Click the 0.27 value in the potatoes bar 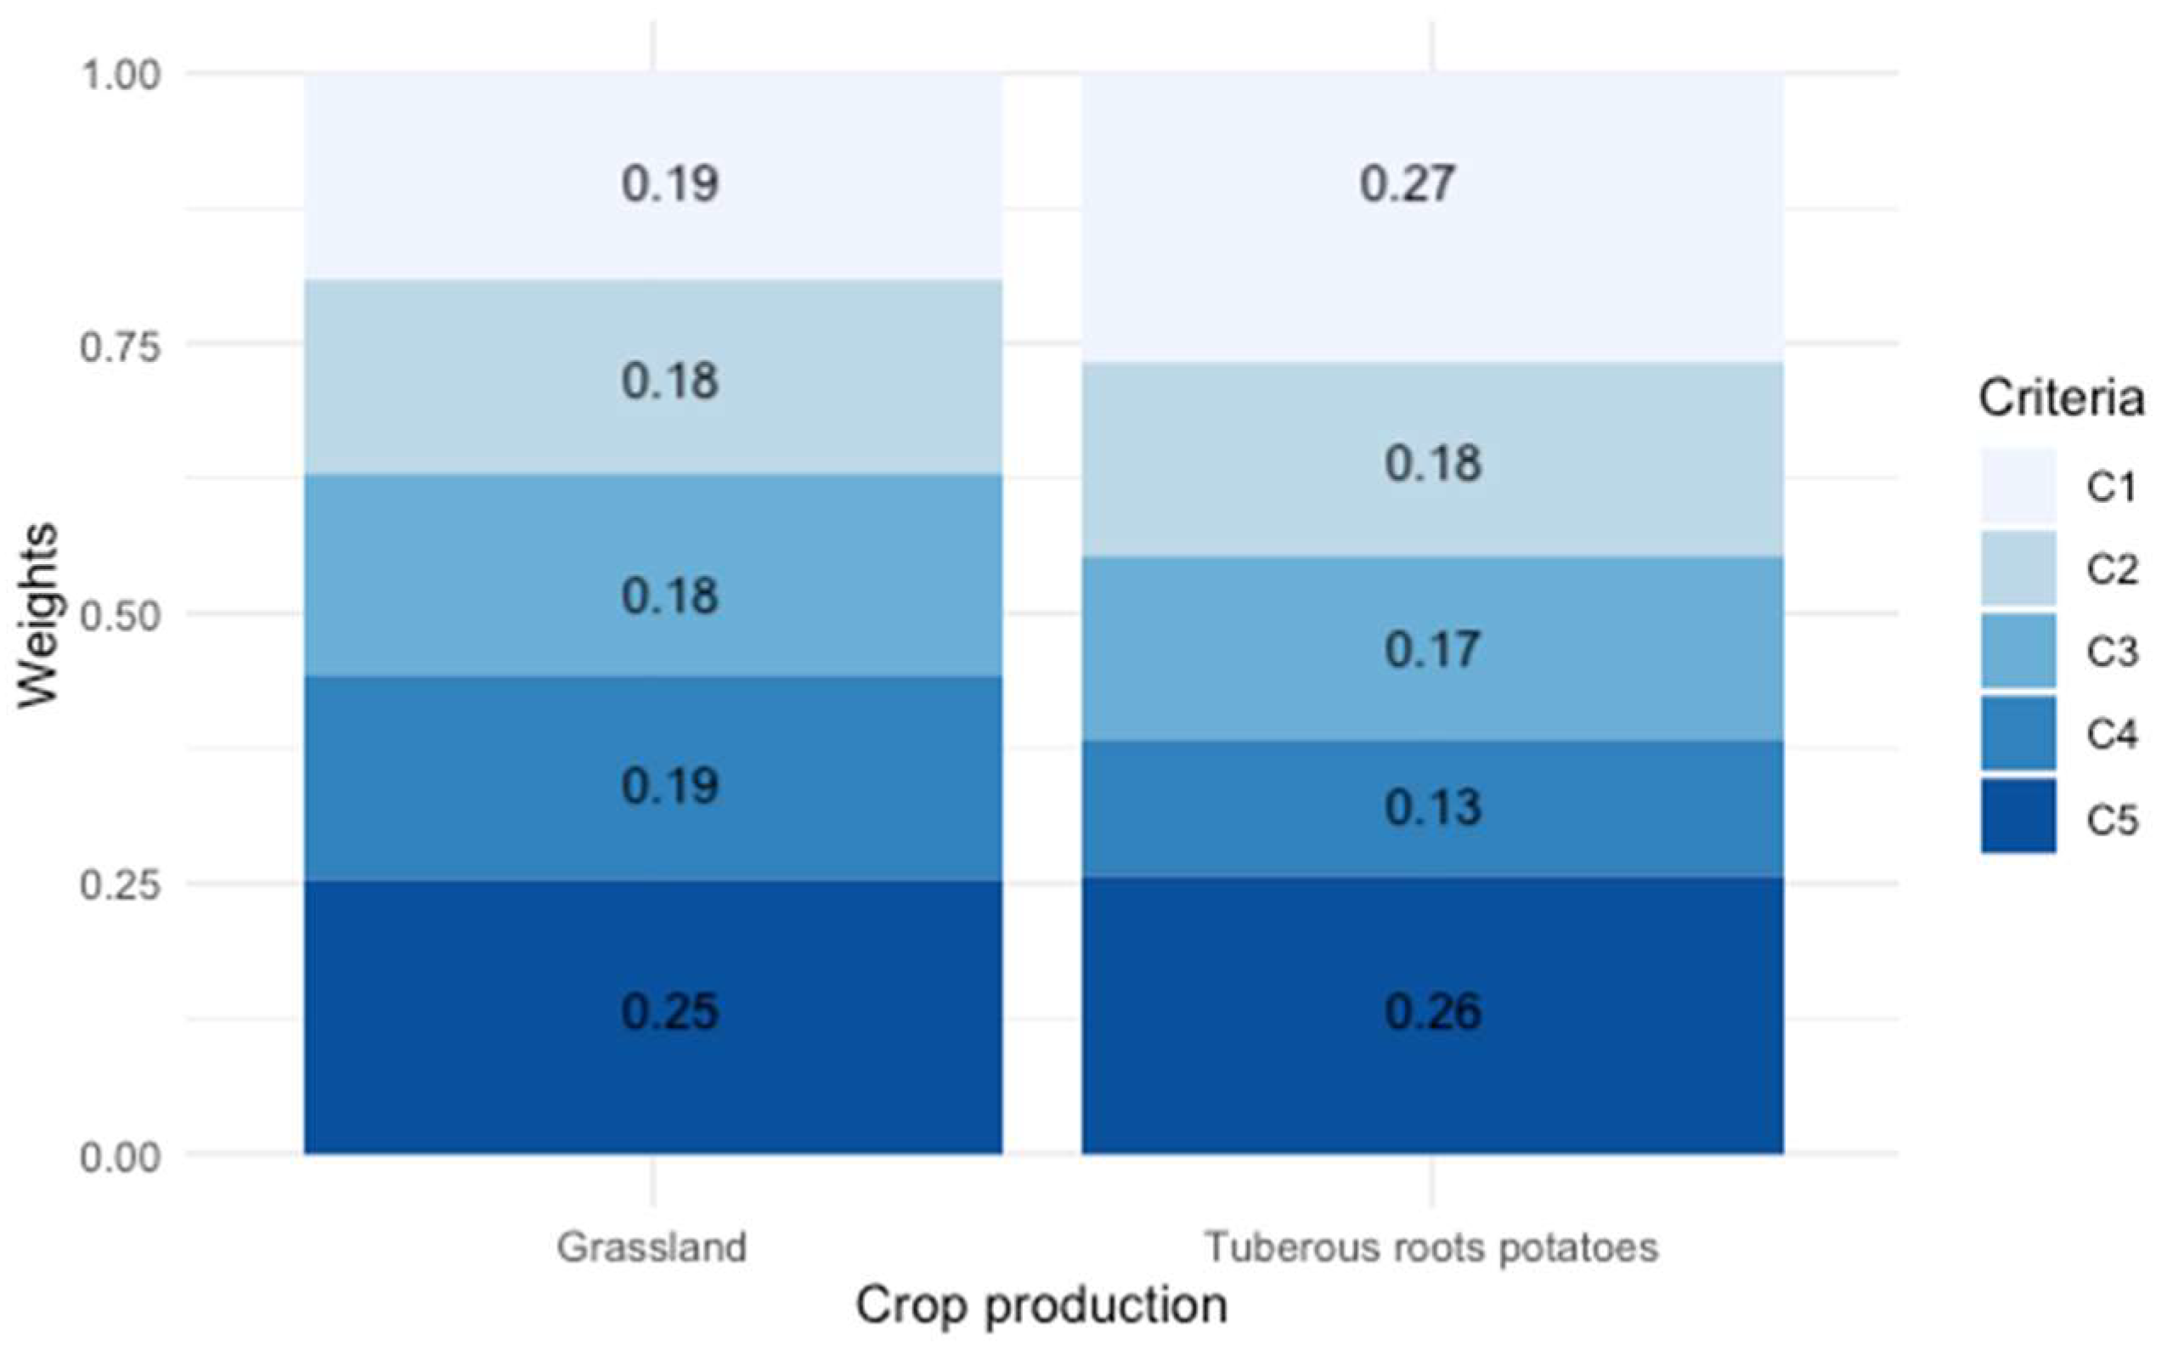click(1407, 184)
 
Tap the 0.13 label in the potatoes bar click(1432, 807)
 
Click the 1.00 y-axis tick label click(120, 75)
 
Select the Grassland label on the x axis click(652, 1247)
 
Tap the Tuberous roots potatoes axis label click(1431, 1247)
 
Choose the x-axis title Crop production click(1041, 1306)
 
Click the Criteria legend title click(2061, 398)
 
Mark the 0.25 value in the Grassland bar click(670, 1011)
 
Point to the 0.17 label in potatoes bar click(1432, 650)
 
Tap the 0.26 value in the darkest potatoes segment click(1432, 1011)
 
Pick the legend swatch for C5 click(2018, 816)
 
